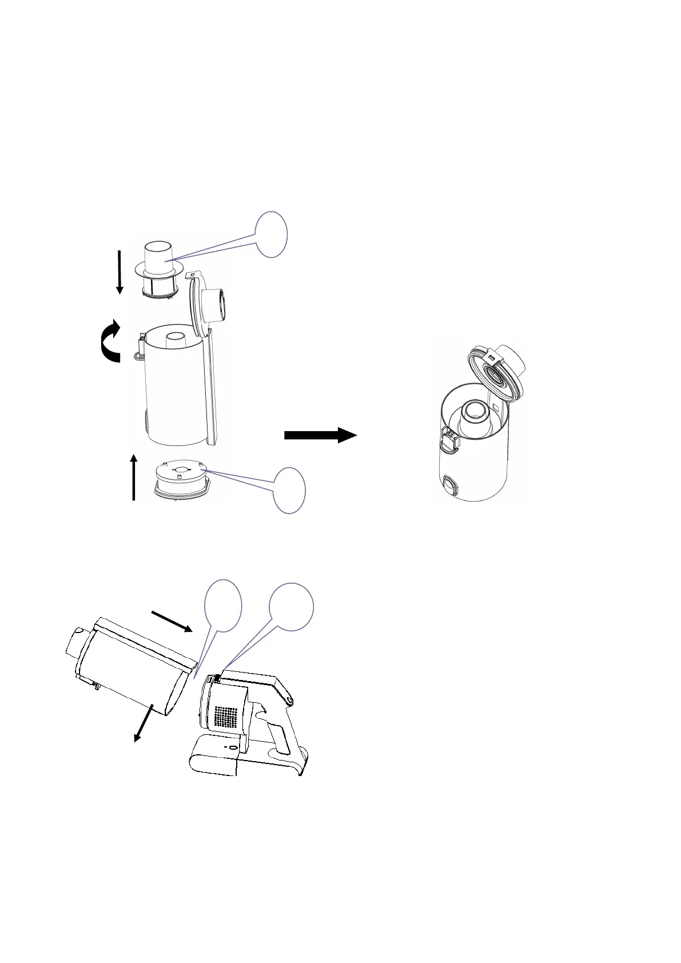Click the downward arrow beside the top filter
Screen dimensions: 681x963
[120, 272]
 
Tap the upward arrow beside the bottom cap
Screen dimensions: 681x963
[134, 477]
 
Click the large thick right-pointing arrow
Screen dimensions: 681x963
[320, 435]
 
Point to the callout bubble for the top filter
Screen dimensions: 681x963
[271, 234]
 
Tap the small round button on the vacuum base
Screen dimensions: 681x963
[233, 749]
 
